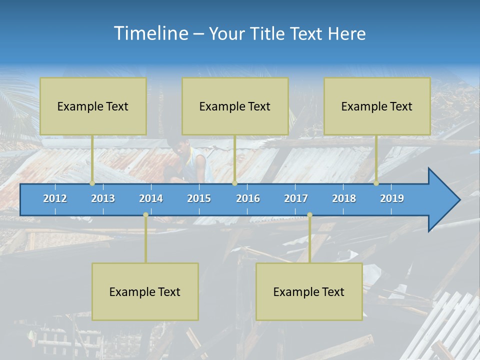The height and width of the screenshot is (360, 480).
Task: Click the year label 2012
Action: [55, 198]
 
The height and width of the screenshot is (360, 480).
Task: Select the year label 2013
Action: [103, 198]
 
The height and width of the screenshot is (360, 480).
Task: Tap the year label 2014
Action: [151, 198]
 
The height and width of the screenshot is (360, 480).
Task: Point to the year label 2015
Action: [199, 198]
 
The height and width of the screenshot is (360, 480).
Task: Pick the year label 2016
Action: [248, 198]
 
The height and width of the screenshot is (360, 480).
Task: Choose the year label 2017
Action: [296, 198]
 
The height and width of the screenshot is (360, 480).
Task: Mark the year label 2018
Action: [344, 198]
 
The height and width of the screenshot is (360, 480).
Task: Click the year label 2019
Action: [392, 198]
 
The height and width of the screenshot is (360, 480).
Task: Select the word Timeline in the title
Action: [150, 33]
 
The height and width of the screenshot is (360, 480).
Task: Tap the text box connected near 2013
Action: [93, 106]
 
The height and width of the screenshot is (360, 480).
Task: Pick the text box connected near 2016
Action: [235, 106]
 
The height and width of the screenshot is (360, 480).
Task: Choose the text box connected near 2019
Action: [377, 106]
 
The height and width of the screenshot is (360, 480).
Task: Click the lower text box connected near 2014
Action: [145, 291]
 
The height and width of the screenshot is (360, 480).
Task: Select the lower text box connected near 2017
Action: [309, 291]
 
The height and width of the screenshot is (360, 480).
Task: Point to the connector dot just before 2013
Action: [92, 183]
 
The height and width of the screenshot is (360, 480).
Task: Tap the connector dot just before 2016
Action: [234, 183]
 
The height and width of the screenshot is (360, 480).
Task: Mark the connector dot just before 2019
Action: [376, 183]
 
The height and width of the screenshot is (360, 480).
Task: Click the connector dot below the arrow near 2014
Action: [145, 215]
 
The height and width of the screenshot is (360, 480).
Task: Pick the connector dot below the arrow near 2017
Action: [309, 215]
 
